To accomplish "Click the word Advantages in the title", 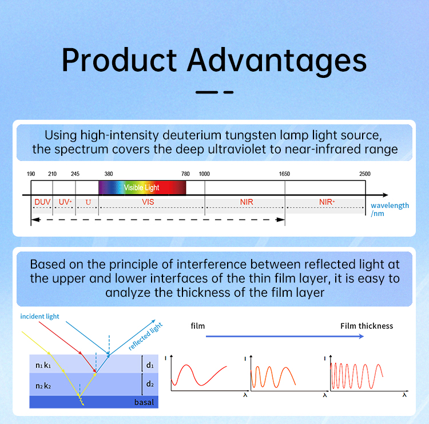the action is [277, 61].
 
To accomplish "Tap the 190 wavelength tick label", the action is [31, 174].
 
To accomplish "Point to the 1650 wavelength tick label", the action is [284, 174].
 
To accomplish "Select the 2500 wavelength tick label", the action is [365, 174].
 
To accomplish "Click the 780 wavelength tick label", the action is [185, 174].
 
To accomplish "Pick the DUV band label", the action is [42, 202].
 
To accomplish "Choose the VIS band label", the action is [148, 202].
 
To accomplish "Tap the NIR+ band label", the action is [327, 202].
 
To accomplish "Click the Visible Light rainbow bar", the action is [142, 187].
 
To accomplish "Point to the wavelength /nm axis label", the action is [390, 209].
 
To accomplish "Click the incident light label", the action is [39, 316].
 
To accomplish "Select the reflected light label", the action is [145, 336].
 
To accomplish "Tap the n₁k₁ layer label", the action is [43, 365].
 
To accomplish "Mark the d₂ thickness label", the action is [150, 384].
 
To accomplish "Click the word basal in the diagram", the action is [144, 402].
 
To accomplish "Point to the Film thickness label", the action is [367, 326].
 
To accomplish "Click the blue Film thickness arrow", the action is [284, 336].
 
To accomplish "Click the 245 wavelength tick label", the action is [75, 174].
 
